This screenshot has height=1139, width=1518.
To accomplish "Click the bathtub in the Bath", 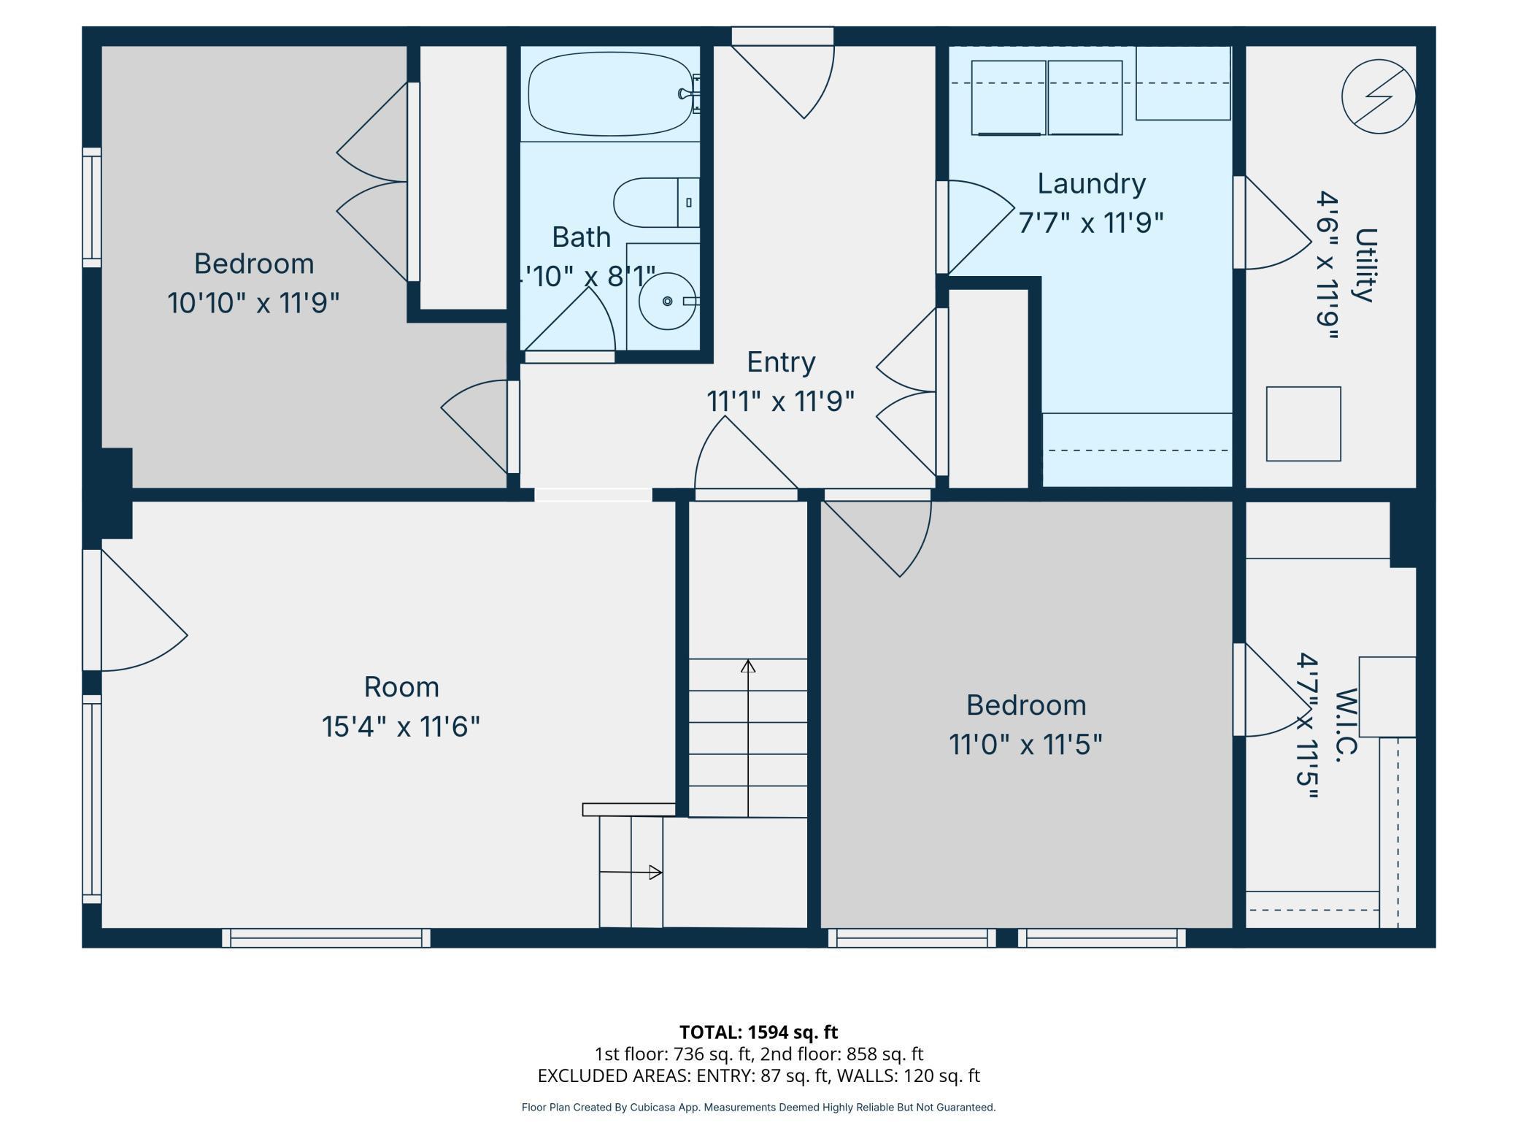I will click(609, 93).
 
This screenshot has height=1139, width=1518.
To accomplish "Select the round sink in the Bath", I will click(667, 301).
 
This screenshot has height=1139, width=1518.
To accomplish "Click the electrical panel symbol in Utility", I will click(1378, 96).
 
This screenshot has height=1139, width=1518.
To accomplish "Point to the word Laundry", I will click(1091, 183).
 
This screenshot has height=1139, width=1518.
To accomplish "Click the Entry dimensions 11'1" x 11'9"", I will click(779, 401).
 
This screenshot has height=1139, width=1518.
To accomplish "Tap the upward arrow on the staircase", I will click(747, 666).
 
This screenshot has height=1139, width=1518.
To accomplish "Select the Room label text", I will click(401, 687).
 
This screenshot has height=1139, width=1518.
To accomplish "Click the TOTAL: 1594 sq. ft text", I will click(758, 1032).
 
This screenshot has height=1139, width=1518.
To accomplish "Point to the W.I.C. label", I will click(1347, 725).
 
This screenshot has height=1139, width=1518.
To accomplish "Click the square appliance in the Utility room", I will click(1303, 423).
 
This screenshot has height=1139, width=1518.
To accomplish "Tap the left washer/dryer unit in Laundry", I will click(1008, 98).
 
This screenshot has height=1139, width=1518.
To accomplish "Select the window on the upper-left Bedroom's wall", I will click(92, 207).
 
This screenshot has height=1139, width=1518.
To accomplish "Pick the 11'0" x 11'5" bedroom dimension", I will click(1025, 745).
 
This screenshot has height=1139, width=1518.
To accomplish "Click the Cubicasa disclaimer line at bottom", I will click(758, 1107).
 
